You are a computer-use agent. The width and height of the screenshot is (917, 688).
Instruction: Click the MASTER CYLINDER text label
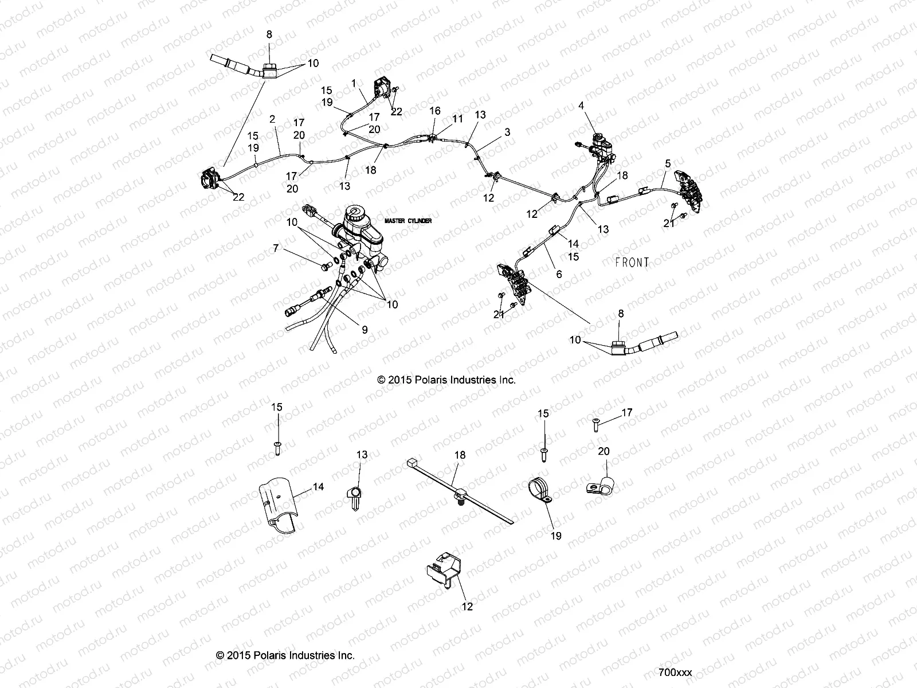click(x=407, y=221)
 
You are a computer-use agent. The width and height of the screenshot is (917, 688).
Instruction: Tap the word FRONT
click(x=632, y=263)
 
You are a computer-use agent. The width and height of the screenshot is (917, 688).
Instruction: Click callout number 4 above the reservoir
click(x=581, y=106)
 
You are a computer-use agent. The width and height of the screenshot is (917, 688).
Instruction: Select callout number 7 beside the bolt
click(x=276, y=248)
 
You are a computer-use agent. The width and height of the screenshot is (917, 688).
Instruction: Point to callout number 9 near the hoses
click(x=365, y=330)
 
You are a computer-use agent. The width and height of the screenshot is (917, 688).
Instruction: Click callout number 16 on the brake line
click(x=435, y=110)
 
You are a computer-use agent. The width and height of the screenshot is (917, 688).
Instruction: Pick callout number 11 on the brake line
click(x=457, y=119)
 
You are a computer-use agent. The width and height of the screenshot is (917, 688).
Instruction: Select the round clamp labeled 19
click(x=540, y=490)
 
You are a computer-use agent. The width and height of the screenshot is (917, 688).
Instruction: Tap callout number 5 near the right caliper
click(x=667, y=163)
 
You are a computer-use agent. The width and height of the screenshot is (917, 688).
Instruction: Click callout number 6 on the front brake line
click(x=559, y=275)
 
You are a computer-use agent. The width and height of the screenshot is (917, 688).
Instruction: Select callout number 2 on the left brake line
click(x=272, y=119)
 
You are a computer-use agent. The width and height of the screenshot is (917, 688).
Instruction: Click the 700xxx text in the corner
click(x=675, y=672)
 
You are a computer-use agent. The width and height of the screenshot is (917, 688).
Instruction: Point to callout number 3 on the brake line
click(x=507, y=132)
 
